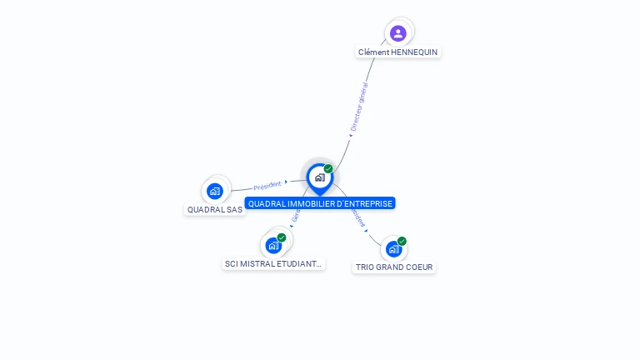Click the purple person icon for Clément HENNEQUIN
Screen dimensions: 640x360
tap(398, 33)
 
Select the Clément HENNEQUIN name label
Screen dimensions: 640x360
tap(398, 52)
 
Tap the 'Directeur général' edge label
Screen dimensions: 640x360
tap(359, 107)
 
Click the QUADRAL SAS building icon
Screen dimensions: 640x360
tap(215, 191)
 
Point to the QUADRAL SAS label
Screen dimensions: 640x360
tap(215, 209)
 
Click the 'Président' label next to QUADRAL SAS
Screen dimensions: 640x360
tap(267, 186)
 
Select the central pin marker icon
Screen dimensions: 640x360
tap(319, 177)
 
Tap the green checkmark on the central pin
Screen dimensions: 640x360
tap(328, 169)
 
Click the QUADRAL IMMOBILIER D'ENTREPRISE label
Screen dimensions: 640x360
tap(320, 203)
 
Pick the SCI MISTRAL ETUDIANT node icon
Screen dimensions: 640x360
tap(272, 245)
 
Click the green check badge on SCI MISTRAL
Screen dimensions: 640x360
tap(282, 237)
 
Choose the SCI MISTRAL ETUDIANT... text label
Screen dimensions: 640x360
tap(273, 263)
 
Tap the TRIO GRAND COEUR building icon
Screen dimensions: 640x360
tap(393, 248)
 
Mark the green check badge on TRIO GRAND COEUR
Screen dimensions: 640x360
tap(402, 241)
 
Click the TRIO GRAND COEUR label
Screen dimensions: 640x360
tap(394, 267)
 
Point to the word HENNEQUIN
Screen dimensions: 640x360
tap(414, 52)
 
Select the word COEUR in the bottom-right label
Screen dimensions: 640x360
tap(419, 267)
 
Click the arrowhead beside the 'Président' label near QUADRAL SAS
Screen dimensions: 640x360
tap(286, 182)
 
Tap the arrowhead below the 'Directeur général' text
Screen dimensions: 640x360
tap(351, 135)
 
